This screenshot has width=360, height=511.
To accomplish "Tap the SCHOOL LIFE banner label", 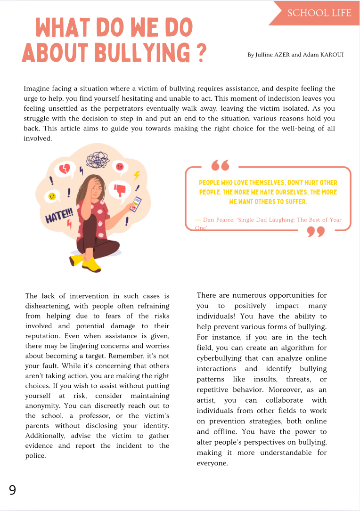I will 319,13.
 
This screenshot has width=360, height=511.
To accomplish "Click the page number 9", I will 12,490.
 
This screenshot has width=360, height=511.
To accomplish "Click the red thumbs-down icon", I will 121,190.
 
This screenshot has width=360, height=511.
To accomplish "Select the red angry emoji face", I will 120,166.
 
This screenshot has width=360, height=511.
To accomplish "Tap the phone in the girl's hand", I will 135,203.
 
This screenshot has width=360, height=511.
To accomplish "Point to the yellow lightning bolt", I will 137,175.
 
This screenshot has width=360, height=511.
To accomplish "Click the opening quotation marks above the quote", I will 220,165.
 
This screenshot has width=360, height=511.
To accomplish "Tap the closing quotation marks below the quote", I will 316,231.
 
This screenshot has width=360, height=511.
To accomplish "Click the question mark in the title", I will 201,52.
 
